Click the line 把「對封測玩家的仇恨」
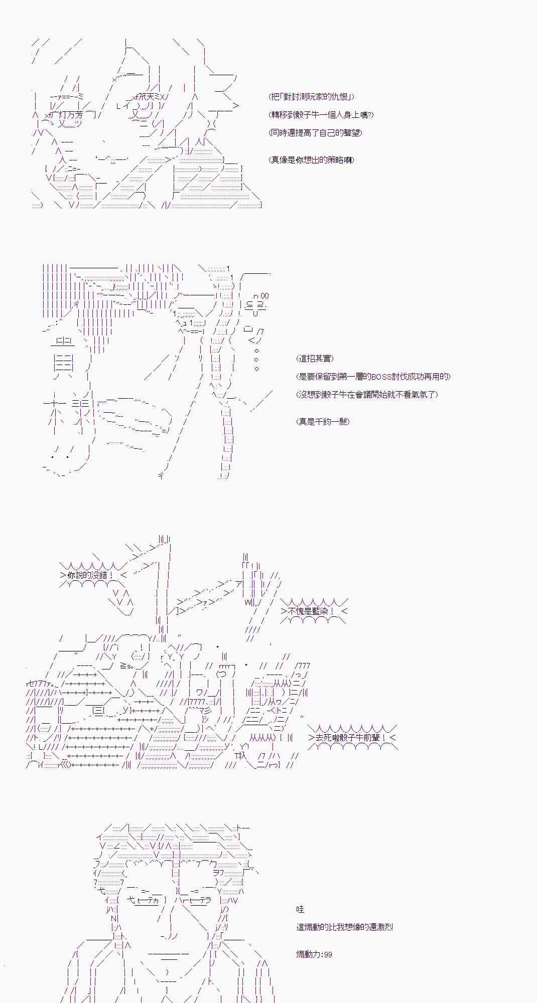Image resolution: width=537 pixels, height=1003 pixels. tap(312, 97)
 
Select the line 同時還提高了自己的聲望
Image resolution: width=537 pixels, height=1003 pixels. tap(316, 133)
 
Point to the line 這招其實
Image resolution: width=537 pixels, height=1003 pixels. tap(315, 359)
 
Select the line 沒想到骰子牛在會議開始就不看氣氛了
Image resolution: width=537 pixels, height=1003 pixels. tap(367, 395)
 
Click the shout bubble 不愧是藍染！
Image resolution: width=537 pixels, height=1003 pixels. tap(312, 611)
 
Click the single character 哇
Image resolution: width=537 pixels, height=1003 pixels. tap(300, 909)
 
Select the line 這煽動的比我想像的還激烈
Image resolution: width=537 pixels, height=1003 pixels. tap(344, 927)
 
